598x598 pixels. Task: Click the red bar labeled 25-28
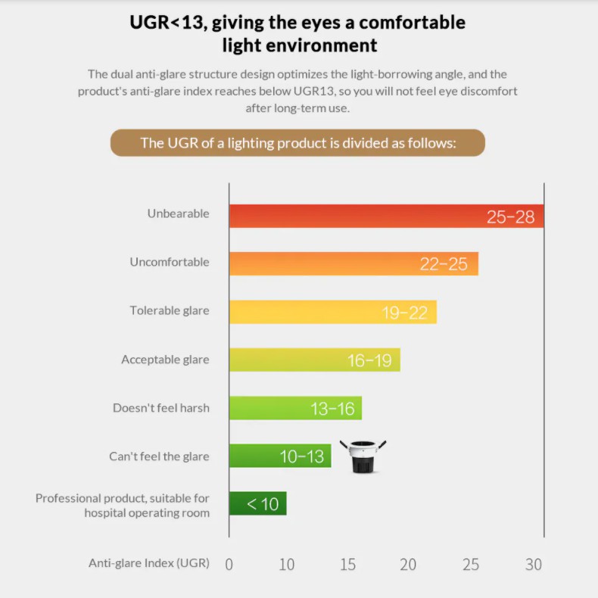point(386,216)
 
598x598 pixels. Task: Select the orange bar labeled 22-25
point(354,263)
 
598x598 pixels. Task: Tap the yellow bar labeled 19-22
point(333,312)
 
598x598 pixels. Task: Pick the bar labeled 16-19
point(314,360)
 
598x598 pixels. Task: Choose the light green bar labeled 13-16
point(295,408)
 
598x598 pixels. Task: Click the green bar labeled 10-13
point(280,456)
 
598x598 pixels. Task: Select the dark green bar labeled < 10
point(257,503)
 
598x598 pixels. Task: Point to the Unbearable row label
point(178,213)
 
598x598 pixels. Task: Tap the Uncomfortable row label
point(170,262)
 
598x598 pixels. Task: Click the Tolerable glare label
point(170,310)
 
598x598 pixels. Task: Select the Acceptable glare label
point(165,360)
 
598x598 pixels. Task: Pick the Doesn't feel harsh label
point(161,408)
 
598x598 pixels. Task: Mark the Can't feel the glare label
point(159,456)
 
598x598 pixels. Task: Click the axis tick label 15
point(347,564)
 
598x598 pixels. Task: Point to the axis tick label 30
point(534,564)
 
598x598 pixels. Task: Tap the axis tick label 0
point(229,564)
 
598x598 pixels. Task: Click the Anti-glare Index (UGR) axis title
point(149,563)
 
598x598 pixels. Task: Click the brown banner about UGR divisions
point(297,142)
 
